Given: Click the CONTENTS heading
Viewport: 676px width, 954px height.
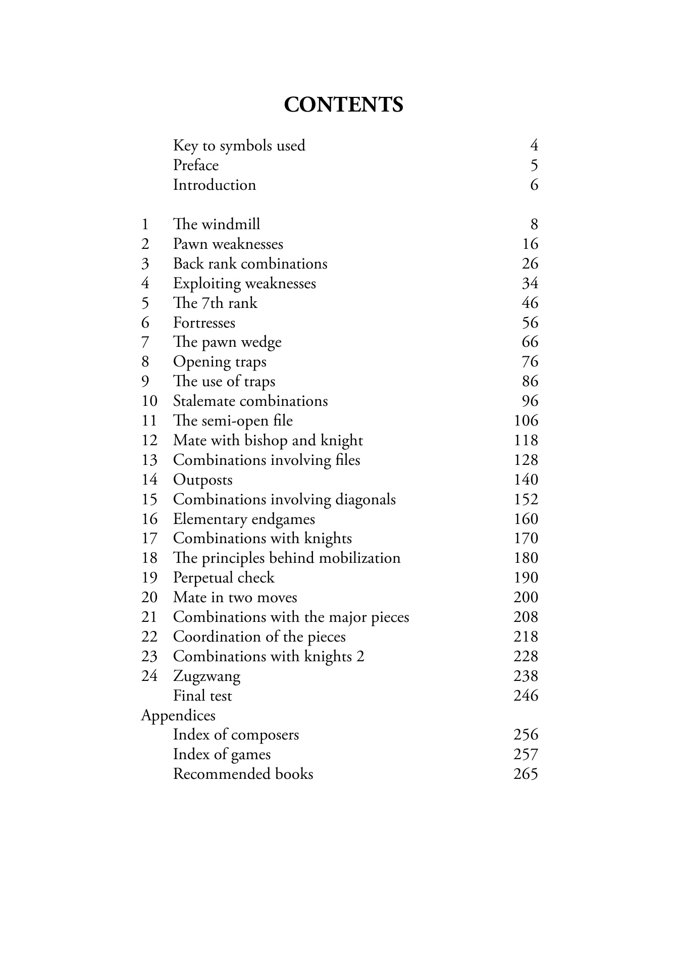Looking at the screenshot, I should coord(343,105).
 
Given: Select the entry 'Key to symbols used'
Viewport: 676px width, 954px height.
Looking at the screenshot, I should coord(239,146).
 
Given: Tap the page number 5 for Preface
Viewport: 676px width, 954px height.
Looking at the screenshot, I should coord(534,166).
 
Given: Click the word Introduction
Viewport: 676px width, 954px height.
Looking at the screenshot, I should coord(214,185).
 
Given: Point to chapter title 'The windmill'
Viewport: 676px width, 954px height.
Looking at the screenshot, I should coord(217,225).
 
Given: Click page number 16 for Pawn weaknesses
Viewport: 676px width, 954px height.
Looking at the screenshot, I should coord(530,244).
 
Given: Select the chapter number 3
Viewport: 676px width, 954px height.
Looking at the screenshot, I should coord(145,264).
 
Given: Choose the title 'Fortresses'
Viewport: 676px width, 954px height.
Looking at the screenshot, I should coord(204,323).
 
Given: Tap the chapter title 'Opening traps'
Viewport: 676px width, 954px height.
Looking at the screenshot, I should coord(220,362).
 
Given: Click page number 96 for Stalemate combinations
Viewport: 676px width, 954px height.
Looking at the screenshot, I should coord(530,401).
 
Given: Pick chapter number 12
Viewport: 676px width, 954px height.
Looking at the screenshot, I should coord(149,441).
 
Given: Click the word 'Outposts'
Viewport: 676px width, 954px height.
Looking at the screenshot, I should coord(202,480).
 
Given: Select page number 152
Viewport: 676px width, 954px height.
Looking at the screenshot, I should coord(526,500).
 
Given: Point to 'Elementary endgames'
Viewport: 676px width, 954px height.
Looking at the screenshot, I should coord(244,519).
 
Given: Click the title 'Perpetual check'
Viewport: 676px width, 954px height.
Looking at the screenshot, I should coord(224,578).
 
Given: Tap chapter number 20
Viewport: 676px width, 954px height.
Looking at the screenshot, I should coord(149,598).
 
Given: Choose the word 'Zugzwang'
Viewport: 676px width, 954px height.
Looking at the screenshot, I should coord(206,676).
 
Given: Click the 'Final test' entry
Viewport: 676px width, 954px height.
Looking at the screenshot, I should coord(202,696).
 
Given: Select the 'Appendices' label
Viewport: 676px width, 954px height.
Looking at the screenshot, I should coord(178,716).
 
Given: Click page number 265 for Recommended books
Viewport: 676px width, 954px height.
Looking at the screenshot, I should coord(526,774).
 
